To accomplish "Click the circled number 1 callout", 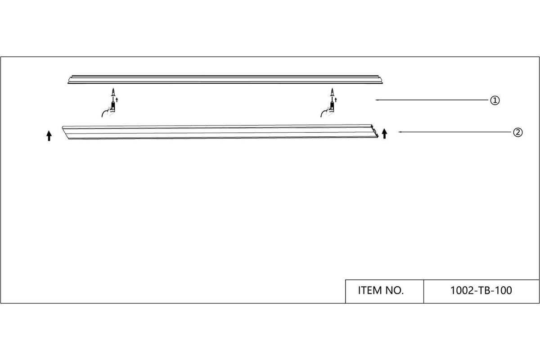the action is tap(495, 100).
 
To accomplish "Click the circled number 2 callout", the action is tap(518, 132).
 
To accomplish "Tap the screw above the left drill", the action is tap(113, 92).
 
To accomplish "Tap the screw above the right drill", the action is tap(332, 92).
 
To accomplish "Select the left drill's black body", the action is tap(113, 106).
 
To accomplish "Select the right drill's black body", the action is tap(332, 106).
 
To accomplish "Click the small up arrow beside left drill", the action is tap(117, 100).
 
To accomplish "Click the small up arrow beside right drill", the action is tap(336, 100).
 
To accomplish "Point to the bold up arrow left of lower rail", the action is tap(49, 136).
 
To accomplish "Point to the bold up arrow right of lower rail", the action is tap(384, 134).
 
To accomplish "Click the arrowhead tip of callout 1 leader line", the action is tap(376, 100).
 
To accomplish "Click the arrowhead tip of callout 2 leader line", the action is tap(398, 132).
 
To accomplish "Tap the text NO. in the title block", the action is tap(394, 291).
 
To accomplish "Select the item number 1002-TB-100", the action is tap(481, 291).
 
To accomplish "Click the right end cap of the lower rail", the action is tap(375, 132).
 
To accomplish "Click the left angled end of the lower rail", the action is tap(65, 132).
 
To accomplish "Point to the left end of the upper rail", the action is tap(70, 80).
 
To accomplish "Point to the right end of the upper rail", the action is tap(380, 80).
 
